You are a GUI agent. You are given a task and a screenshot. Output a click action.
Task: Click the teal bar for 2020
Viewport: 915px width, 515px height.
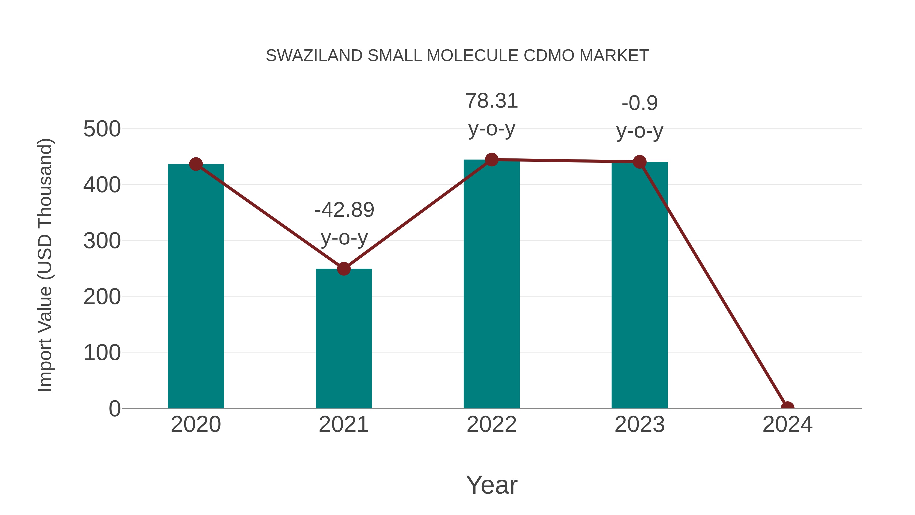tap(196, 286)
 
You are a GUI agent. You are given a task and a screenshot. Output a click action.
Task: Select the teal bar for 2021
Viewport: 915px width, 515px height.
tap(343, 338)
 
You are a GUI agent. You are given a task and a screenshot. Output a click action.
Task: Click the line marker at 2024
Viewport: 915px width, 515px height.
tap(787, 407)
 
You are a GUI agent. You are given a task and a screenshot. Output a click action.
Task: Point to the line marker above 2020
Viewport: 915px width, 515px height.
tap(196, 164)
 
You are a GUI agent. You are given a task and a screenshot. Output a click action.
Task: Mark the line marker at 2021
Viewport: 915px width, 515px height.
tap(343, 269)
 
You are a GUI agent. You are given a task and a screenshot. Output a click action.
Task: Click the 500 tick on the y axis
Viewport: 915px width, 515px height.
tap(102, 129)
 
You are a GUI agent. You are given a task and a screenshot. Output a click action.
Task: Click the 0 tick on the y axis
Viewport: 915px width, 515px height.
tap(114, 408)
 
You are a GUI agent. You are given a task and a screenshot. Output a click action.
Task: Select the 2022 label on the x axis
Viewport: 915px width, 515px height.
tap(491, 424)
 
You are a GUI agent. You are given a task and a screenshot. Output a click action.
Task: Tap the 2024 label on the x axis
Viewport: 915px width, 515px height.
tap(787, 424)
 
